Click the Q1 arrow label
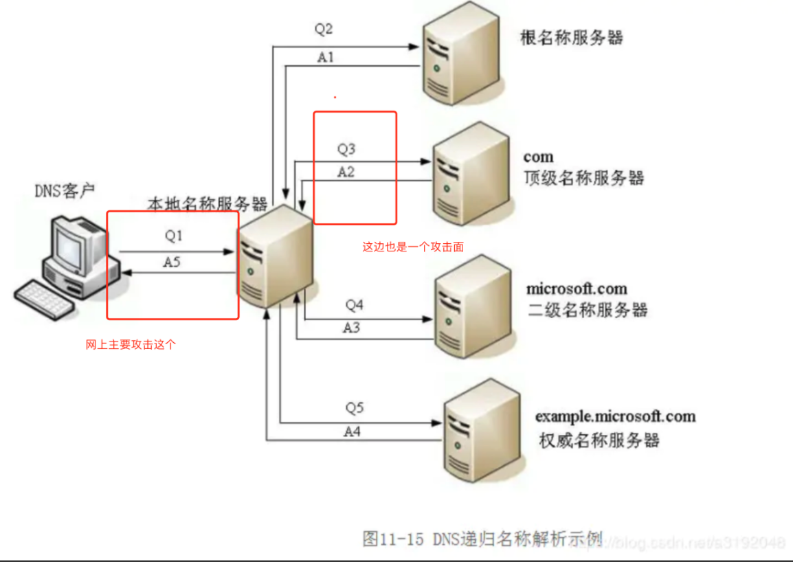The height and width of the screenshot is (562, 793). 174,236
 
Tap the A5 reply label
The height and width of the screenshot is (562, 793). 172,262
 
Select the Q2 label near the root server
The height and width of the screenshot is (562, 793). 324,29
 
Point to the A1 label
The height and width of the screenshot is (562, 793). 326,58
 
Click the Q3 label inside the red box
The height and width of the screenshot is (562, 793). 346,148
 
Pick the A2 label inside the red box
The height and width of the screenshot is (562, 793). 346,172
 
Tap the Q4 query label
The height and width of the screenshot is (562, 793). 354,304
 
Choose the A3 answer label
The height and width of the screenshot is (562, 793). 351,328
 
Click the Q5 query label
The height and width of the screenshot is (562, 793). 354,408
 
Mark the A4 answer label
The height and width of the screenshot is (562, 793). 352,431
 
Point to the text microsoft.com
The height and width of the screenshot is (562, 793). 577,289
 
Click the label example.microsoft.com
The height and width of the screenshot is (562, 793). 615,416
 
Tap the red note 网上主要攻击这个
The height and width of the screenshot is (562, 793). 131,345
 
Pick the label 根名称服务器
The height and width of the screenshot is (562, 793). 572,37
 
